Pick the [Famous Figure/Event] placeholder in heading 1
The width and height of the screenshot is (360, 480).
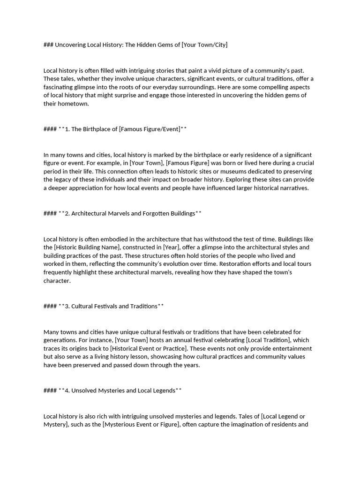[x=150, y=129]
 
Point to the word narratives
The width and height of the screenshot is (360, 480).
[x=293, y=188]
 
